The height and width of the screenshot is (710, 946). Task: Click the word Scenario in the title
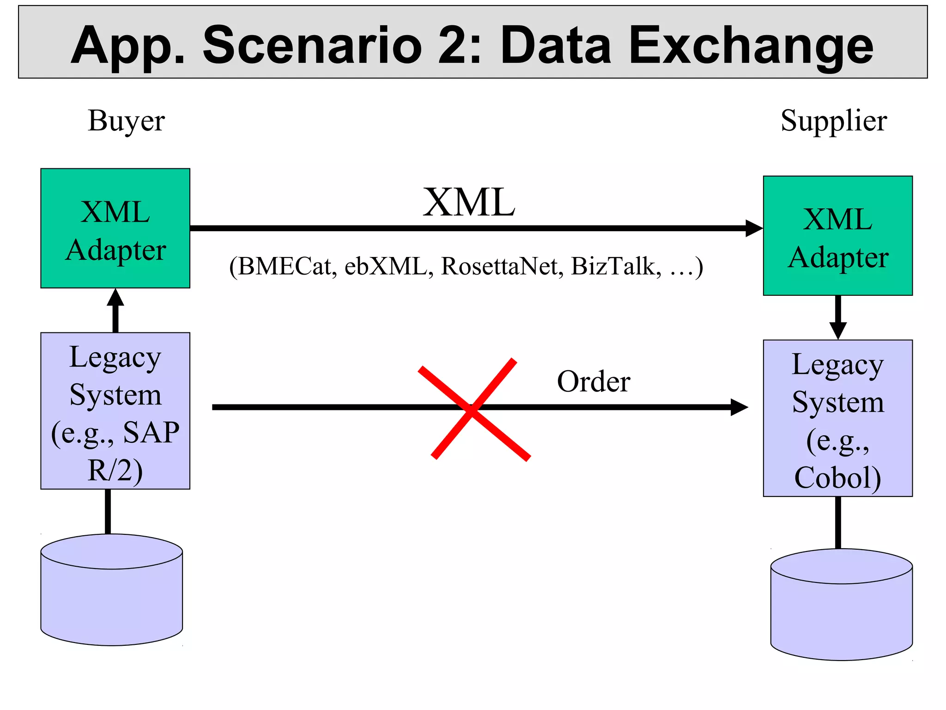point(312,45)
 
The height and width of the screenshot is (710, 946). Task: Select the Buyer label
point(126,121)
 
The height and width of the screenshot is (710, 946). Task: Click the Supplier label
point(834,121)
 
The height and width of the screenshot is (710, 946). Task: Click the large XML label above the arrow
point(468,202)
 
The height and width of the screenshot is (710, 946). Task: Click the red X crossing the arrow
point(473,409)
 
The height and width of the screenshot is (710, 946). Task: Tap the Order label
point(594,382)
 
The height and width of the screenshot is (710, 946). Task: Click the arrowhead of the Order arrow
point(739,407)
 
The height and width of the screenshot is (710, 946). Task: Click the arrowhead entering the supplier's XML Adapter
point(754,228)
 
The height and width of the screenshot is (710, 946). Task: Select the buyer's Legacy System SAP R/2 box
point(115,411)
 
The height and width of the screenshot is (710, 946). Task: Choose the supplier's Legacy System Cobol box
point(837,418)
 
